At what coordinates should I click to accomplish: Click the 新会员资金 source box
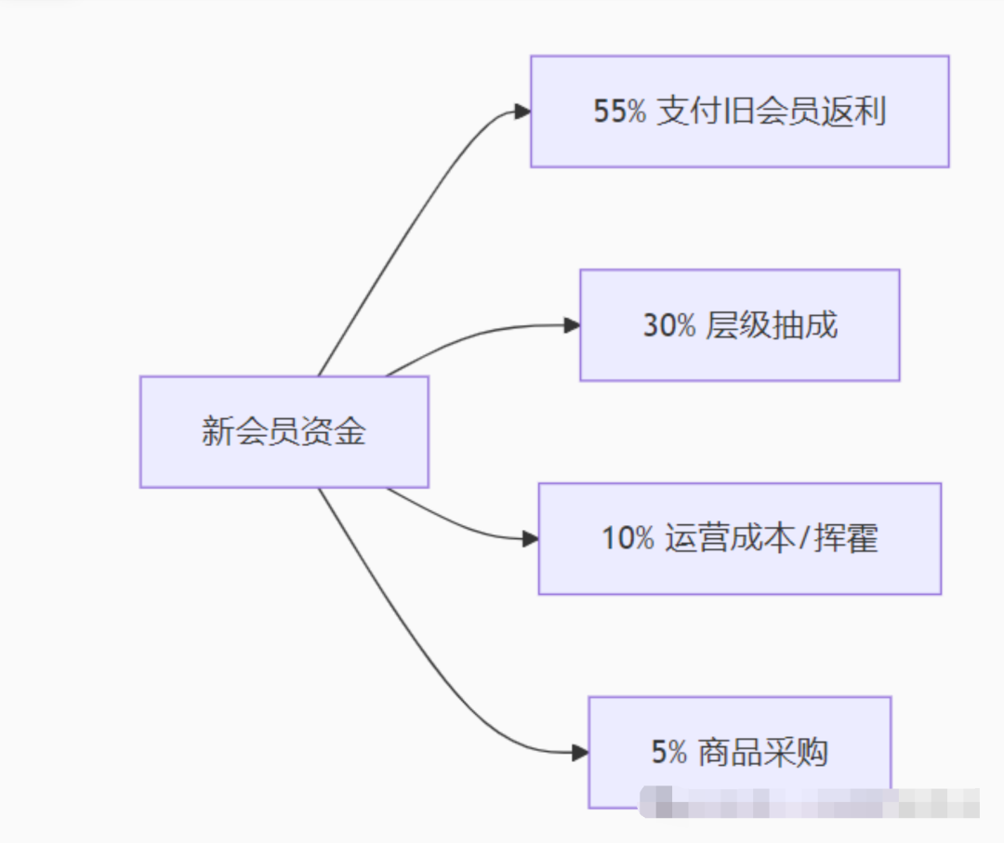pyautogui.click(x=284, y=431)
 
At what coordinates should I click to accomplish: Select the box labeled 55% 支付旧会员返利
pyautogui.click(x=739, y=112)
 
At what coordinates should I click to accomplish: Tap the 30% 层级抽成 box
pyautogui.click(x=739, y=325)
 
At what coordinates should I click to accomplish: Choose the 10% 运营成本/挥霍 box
pyautogui.click(x=739, y=538)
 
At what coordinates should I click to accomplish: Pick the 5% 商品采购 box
pyautogui.click(x=739, y=752)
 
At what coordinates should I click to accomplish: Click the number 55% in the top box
pyautogui.click(x=619, y=112)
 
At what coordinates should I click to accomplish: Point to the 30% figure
pyautogui.click(x=668, y=325)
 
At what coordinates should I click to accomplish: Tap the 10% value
pyautogui.click(x=627, y=538)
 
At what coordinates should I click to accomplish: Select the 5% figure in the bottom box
pyautogui.click(x=668, y=752)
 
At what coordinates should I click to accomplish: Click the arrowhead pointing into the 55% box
pyautogui.click(x=522, y=112)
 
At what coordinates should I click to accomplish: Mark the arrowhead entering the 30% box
pyautogui.click(x=572, y=325)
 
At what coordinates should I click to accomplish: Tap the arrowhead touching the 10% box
pyautogui.click(x=530, y=538)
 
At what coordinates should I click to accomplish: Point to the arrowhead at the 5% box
pyautogui.click(x=580, y=752)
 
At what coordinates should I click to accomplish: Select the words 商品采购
pyautogui.click(x=762, y=752)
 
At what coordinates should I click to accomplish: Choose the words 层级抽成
pyautogui.click(x=772, y=325)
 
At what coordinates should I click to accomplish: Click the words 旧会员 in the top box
pyautogui.click(x=772, y=112)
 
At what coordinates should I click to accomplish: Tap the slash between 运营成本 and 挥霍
pyautogui.click(x=803, y=538)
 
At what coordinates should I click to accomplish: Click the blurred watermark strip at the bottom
pyautogui.click(x=809, y=801)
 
